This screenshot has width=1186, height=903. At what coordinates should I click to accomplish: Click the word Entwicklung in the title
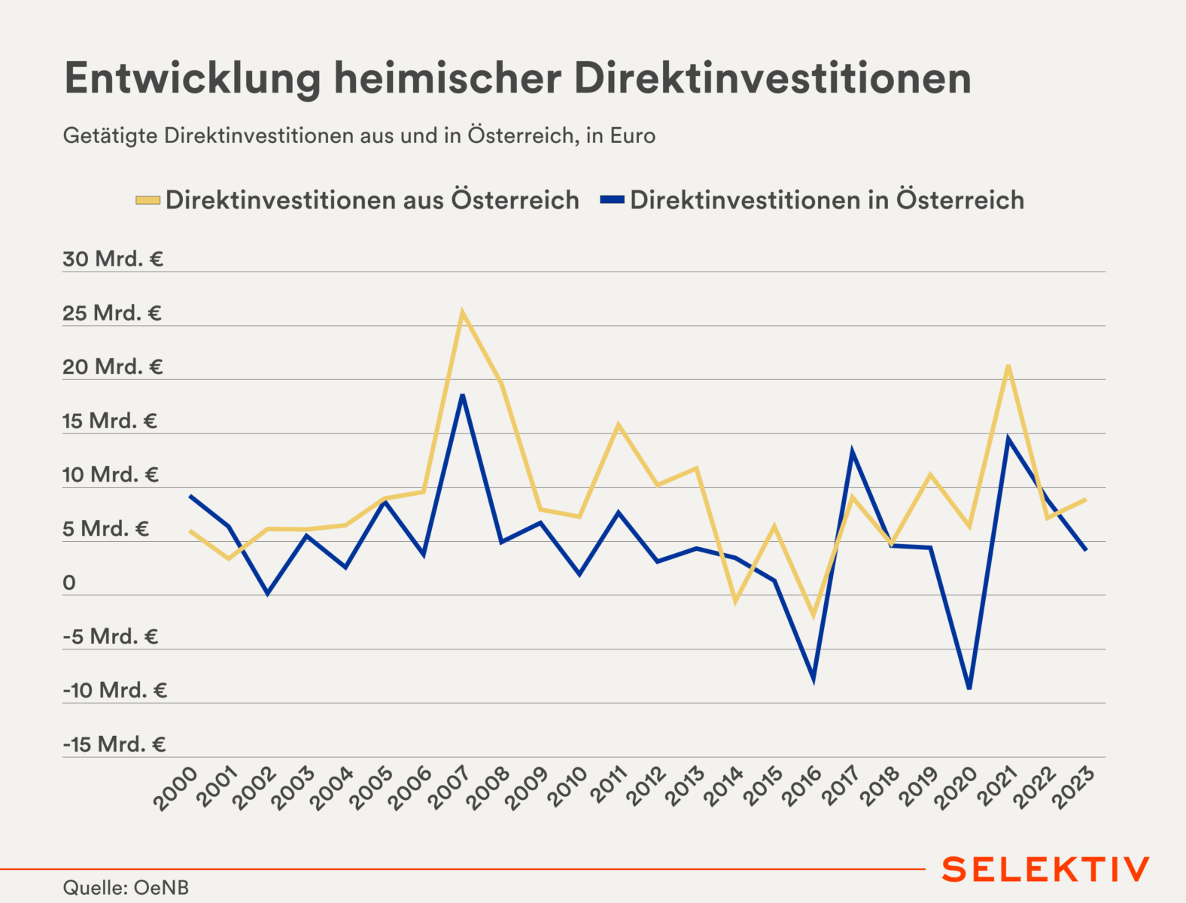(192, 78)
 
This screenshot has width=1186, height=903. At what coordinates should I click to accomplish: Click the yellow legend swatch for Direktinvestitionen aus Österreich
(147, 200)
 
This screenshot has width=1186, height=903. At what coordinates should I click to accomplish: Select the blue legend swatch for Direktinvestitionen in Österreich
(612, 200)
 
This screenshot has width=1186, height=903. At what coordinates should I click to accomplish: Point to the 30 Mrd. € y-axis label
(113, 260)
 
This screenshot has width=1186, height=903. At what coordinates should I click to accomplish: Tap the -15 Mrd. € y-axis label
(114, 745)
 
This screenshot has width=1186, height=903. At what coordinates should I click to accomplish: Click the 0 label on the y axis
(69, 583)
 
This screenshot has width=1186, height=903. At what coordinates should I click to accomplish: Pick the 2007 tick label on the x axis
(449, 788)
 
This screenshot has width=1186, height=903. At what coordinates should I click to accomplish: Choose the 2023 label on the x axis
(1074, 788)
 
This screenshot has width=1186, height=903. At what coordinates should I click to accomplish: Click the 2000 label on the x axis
(175, 788)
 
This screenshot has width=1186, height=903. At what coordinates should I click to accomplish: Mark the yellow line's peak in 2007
(462, 312)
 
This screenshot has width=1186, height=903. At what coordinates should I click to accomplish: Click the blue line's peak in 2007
(463, 395)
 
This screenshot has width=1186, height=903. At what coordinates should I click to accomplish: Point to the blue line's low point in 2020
(969, 688)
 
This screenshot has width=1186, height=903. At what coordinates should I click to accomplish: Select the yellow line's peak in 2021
(1008, 366)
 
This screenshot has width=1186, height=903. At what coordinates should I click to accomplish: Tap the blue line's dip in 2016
(813, 680)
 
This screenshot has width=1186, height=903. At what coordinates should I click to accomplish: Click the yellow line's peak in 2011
(619, 424)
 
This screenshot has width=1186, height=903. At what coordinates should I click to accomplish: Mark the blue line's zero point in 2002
(267, 594)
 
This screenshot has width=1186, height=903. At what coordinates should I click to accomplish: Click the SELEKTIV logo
(1045, 869)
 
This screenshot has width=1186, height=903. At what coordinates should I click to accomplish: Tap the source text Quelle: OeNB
(126, 888)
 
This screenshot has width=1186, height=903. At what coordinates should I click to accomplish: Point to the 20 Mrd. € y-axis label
(113, 367)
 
